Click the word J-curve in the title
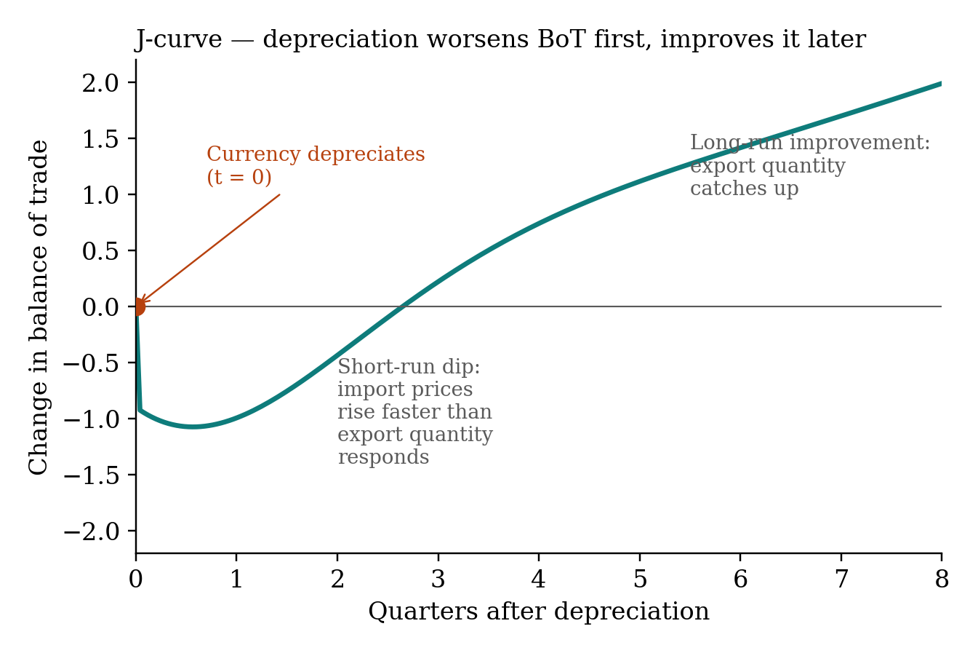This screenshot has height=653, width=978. click(x=179, y=39)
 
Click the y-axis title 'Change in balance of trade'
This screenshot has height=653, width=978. click(x=38, y=306)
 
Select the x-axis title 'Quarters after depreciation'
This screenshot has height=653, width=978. click(x=539, y=611)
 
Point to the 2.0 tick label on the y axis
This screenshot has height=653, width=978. click(x=100, y=83)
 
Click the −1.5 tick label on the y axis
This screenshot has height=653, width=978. click(x=91, y=475)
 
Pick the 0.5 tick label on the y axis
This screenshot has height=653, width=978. click(x=100, y=251)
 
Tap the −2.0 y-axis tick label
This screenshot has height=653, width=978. click(x=91, y=531)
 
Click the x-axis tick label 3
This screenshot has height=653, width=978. click(x=438, y=579)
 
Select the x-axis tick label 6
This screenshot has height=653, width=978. click(x=740, y=579)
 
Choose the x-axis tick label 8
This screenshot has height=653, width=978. click(x=942, y=579)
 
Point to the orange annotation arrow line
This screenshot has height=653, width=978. click(x=210, y=248)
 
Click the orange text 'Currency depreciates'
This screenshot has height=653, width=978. click(x=316, y=154)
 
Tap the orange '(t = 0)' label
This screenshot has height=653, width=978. click(x=239, y=177)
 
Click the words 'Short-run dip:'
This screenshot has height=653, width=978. click(x=409, y=366)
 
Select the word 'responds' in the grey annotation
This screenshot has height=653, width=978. click(x=383, y=457)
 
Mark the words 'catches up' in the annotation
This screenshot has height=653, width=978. click(x=745, y=189)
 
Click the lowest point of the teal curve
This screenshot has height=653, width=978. click(x=193, y=427)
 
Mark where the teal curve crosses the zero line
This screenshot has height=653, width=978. click(x=401, y=306)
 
